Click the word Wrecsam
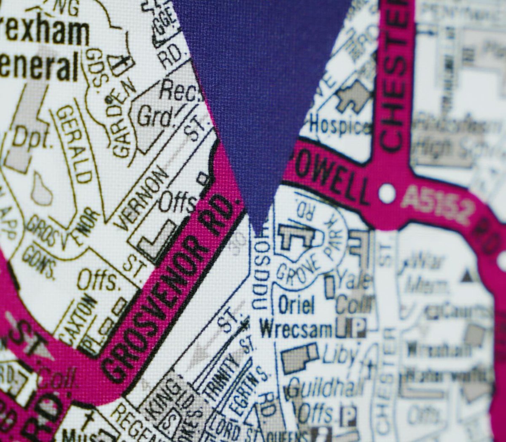pyautogui.click(x=296, y=329)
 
